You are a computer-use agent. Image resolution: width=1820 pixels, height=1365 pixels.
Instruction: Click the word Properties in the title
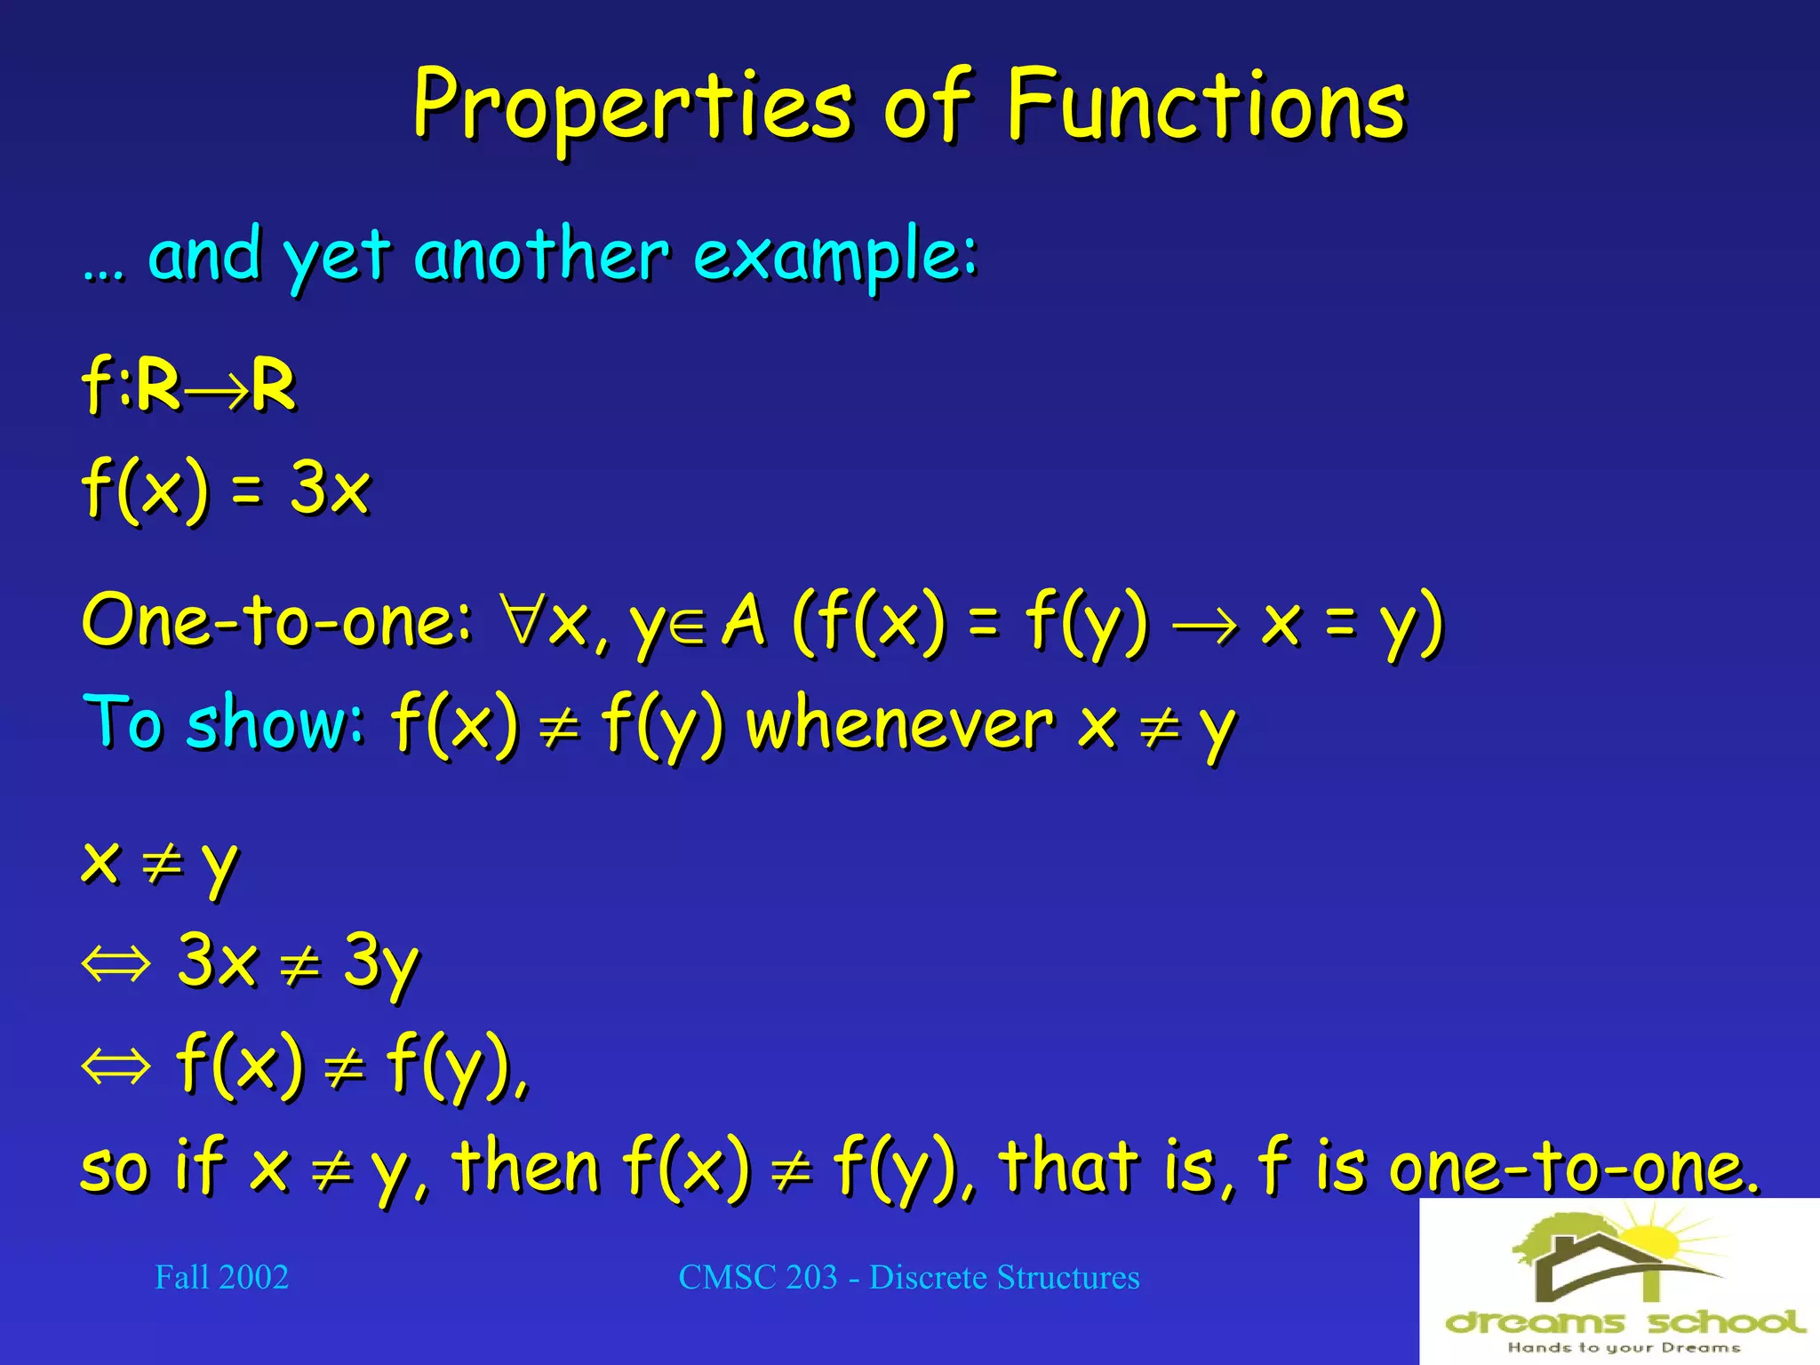click(x=631, y=107)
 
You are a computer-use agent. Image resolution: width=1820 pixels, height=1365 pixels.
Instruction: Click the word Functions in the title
click(x=1206, y=107)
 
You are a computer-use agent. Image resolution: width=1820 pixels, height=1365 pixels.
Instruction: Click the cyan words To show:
click(x=223, y=722)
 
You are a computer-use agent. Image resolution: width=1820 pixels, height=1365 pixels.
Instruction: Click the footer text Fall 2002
click(x=221, y=1277)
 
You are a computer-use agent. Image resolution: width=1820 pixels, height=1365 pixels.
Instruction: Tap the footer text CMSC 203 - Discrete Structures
click(x=908, y=1277)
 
